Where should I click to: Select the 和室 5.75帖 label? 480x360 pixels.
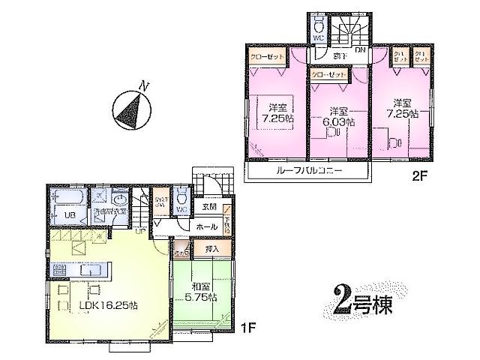pyautogui.click(x=200, y=291)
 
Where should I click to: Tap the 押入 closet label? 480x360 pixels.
pyautogui.click(x=211, y=248)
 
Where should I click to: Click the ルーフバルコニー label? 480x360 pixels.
pyautogui.click(x=309, y=171)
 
